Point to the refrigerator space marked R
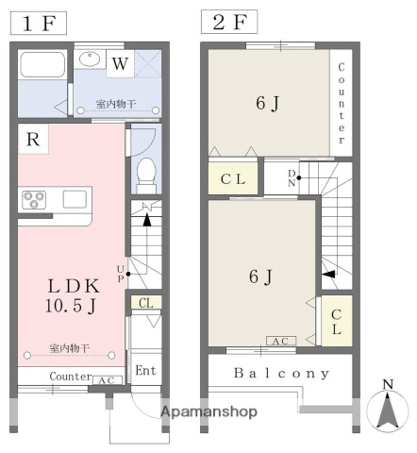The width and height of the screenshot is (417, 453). point(32,140)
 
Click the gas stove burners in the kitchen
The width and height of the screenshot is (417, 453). point(35,200)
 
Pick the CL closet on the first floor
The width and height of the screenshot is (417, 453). point(145,303)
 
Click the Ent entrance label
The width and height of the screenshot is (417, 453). point(145,370)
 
